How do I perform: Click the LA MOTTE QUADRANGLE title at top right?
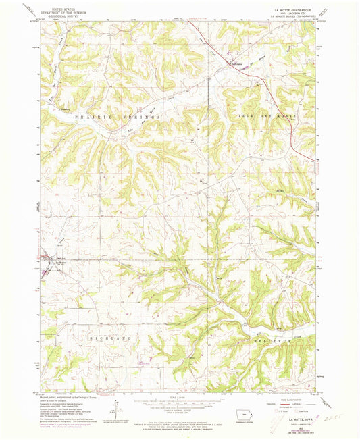click(x=294, y=11)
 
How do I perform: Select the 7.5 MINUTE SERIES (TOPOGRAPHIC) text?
click(x=294, y=20)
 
